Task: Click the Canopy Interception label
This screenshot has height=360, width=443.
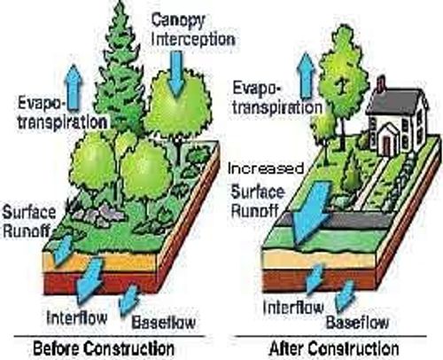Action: click(193, 29)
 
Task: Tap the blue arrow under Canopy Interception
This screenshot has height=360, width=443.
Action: click(176, 74)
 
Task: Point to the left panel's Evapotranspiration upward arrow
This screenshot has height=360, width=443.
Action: click(74, 88)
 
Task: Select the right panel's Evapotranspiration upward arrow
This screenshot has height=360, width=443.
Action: click(307, 76)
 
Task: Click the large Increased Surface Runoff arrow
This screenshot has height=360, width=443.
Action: click(310, 213)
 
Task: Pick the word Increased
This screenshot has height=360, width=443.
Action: click(266, 168)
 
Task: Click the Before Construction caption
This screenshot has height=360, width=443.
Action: click(104, 348)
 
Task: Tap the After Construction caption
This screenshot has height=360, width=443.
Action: click(334, 348)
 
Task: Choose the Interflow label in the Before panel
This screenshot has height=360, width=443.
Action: click(77, 317)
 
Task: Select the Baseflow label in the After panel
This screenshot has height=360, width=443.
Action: click(357, 322)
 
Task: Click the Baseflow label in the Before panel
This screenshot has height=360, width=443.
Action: click(163, 322)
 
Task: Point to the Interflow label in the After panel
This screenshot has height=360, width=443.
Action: click(293, 308)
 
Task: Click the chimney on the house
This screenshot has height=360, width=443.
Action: click(381, 83)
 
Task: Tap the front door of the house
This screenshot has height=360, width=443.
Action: click(386, 145)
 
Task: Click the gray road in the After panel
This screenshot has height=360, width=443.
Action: click(337, 220)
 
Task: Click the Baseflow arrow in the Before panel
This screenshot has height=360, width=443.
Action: click(129, 300)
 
